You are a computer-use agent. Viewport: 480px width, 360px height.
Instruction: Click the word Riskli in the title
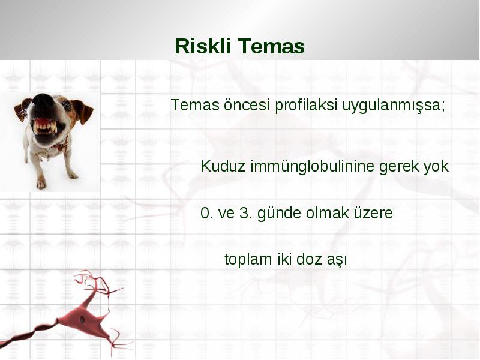[x=202, y=46]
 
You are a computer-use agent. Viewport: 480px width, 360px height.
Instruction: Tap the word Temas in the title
[x=271, y=46]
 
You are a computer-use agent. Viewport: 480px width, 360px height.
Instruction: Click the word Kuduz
[x=223, y=167]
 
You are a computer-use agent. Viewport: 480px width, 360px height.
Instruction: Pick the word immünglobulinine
[x=312, y=167]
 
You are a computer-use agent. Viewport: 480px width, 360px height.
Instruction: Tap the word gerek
[x=399, y=167]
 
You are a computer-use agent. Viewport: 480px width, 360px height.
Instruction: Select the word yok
[x=436, y=167]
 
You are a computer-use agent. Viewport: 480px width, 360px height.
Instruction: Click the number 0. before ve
[x=206, y=213]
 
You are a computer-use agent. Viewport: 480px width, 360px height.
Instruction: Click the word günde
[x=279, y=214]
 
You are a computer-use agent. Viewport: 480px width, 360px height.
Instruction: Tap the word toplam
[x=248, y=260]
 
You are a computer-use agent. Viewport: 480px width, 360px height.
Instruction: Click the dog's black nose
[x=43, y=103]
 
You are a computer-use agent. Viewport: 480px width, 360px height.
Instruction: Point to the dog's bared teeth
[x=46, y=126]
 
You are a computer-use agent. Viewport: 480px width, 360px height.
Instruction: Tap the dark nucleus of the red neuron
[x=82, y=320]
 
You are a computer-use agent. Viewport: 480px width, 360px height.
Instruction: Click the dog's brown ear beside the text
[x=83, y=111]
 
